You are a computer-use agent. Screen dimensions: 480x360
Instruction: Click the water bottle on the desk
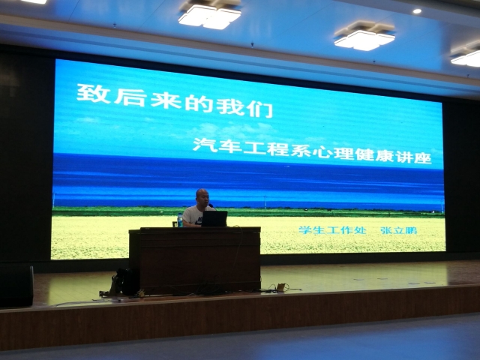click(180, 220)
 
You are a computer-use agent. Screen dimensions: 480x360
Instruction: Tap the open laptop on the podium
click(214, 218)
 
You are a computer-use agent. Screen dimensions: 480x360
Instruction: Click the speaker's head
click(202, 197)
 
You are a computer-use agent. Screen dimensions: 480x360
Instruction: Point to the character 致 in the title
click(93, 94)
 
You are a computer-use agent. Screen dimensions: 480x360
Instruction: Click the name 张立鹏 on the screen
click(398, 230)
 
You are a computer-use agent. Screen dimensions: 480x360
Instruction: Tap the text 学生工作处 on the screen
click(332, 230)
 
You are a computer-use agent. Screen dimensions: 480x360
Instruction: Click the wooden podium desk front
click(195, 260)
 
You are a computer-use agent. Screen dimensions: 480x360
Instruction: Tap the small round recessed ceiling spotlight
click(417, 11)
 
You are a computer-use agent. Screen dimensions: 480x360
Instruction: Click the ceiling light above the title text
click(210, 14)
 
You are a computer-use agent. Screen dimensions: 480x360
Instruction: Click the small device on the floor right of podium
click(280, 287)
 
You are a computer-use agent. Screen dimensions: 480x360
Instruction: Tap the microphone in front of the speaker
click(212, 207)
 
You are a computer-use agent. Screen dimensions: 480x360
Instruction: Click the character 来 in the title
click(166, 100)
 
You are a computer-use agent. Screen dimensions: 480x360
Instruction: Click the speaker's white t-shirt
click(193, 215)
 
